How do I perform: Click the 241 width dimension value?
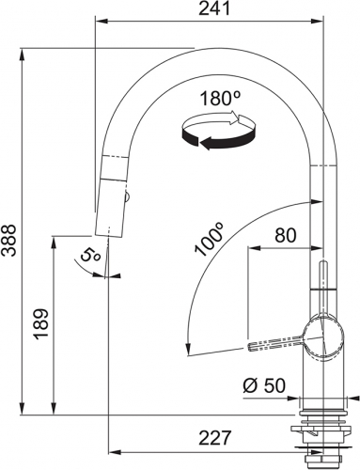(215, 9)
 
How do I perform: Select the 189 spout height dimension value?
(41, 324)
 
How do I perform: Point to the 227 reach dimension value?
(215, 437)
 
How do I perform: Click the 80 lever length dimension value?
(285, 235)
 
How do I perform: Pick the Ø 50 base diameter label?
(264, 385)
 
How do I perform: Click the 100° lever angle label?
(209, 239)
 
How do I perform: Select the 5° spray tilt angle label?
(90, 256)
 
